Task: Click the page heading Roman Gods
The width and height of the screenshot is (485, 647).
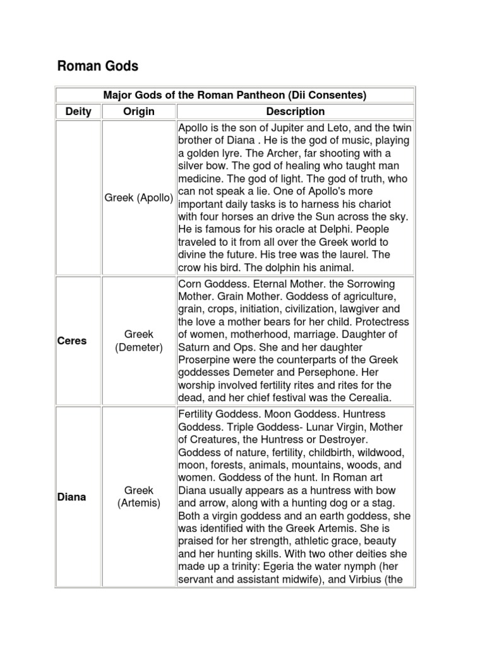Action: [x=98, y=66]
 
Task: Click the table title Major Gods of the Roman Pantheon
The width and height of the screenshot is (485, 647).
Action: [x=234, y=95]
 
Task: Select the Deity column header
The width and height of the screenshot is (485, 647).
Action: [x=78, y=112]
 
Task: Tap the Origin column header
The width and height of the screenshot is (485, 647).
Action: [x=139, y=112]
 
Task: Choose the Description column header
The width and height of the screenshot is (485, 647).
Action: [x=295, y=112]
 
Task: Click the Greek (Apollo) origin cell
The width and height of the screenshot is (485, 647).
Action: [x=139, y=198]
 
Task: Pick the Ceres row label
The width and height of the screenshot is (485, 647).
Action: [x=71, y=341]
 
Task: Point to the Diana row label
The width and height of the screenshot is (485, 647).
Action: [x=71, y=497]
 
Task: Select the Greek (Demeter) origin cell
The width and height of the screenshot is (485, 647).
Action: [x=139, y=341]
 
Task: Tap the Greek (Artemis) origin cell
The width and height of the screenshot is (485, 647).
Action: [x=139, y=497]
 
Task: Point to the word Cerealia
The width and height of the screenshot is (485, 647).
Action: [x=369, y=397]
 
